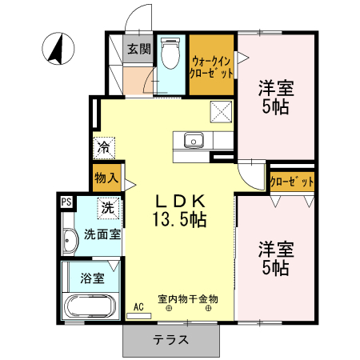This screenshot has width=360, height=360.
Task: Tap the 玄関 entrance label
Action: (x=138, y=49)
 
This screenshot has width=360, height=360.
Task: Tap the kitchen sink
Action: (x=193, y=142)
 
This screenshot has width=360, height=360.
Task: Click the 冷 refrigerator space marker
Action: (x=104, y=148)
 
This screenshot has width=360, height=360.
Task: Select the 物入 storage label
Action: (x=106, y=177)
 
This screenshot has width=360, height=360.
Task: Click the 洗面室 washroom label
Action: (x=102, y=235)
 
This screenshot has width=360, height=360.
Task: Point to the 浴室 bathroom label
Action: (x=91, y=279)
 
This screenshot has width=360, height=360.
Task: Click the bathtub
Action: (x=90, y=307)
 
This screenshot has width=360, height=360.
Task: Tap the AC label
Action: (x=138, y=306)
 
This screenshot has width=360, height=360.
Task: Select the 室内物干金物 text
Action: (x=187, y=298)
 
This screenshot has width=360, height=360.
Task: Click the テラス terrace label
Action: (x=171, y=339)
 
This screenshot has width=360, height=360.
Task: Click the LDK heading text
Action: (x=181, y=200)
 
